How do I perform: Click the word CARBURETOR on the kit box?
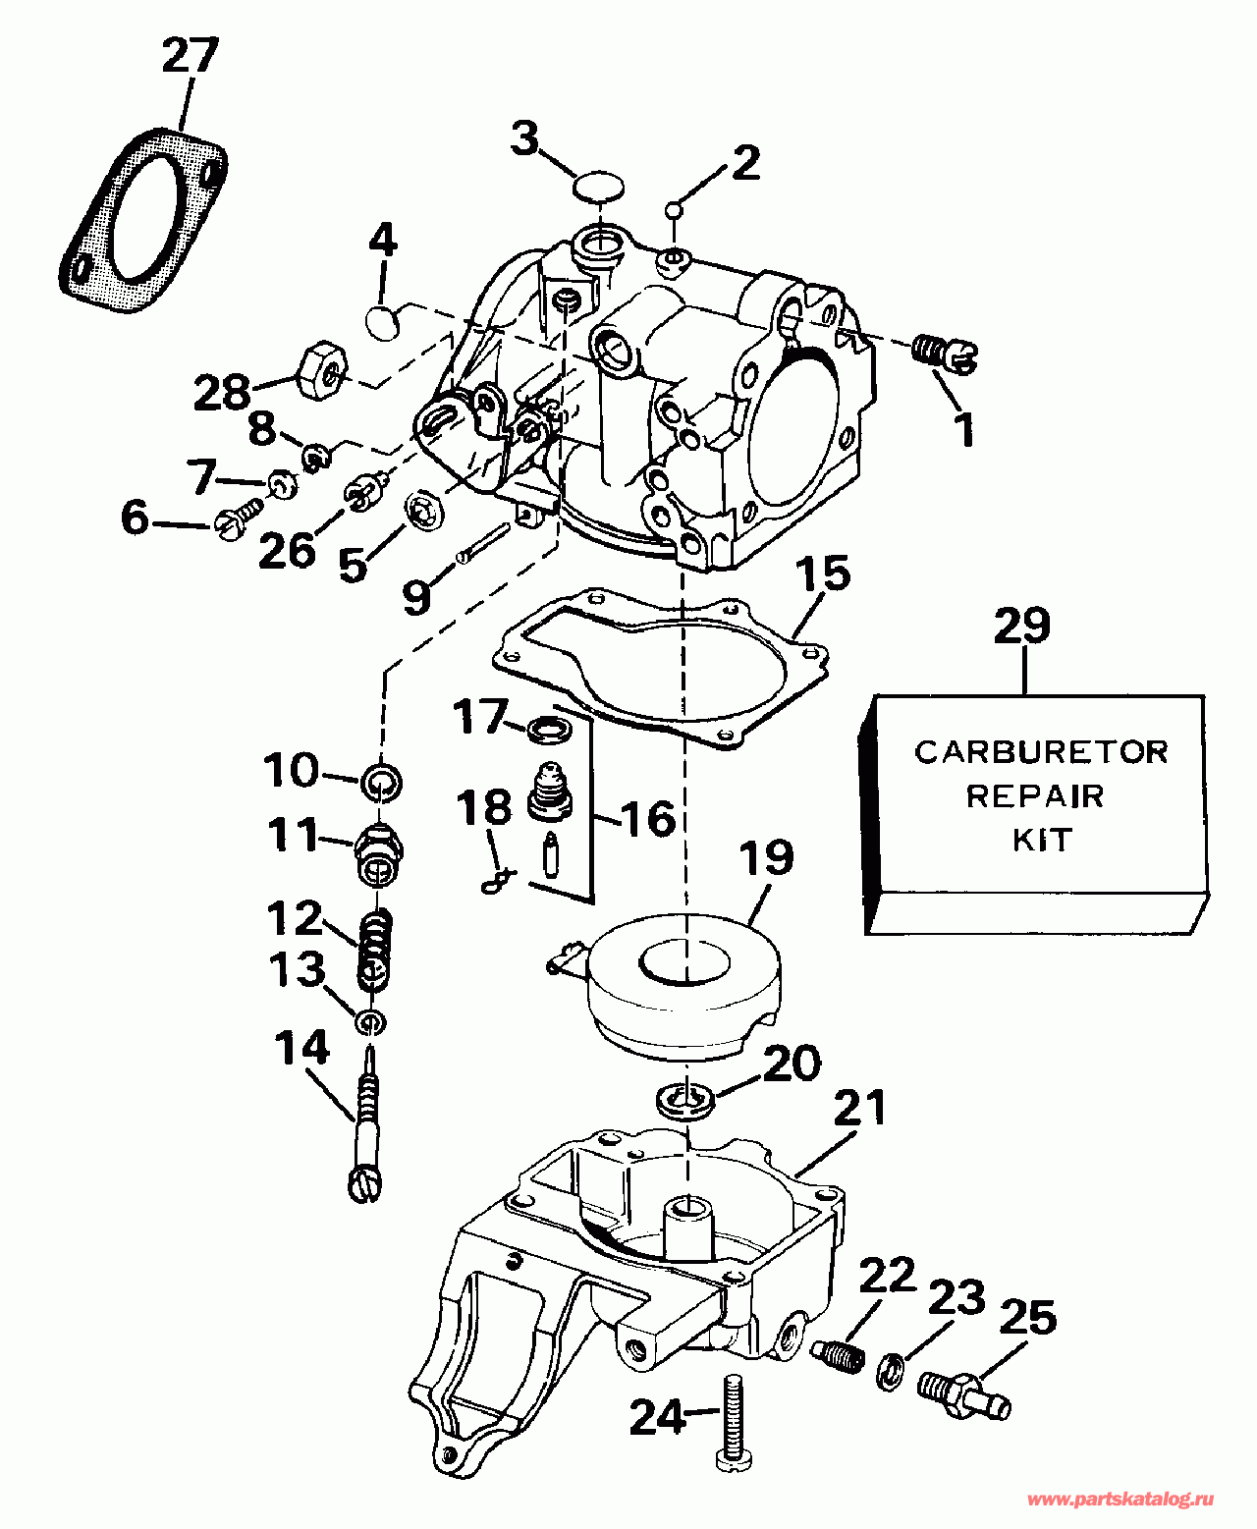pyautogui.click(x=1041, y=752)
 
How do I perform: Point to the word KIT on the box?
pyautogui.click(x=1042, y=841)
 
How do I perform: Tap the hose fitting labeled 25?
pyautogui.click(x=963, y=1392)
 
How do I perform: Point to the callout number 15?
pyautogui.click(x=823, y=573)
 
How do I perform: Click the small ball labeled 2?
pyautogui.click(x=675, y=210)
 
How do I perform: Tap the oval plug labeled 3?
pyautogui.click(x=599, y=187)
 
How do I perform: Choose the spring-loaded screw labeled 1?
pyautogui.click(x=944, y=354)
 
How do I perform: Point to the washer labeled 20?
pyautogui.click(x=685, y=1099)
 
